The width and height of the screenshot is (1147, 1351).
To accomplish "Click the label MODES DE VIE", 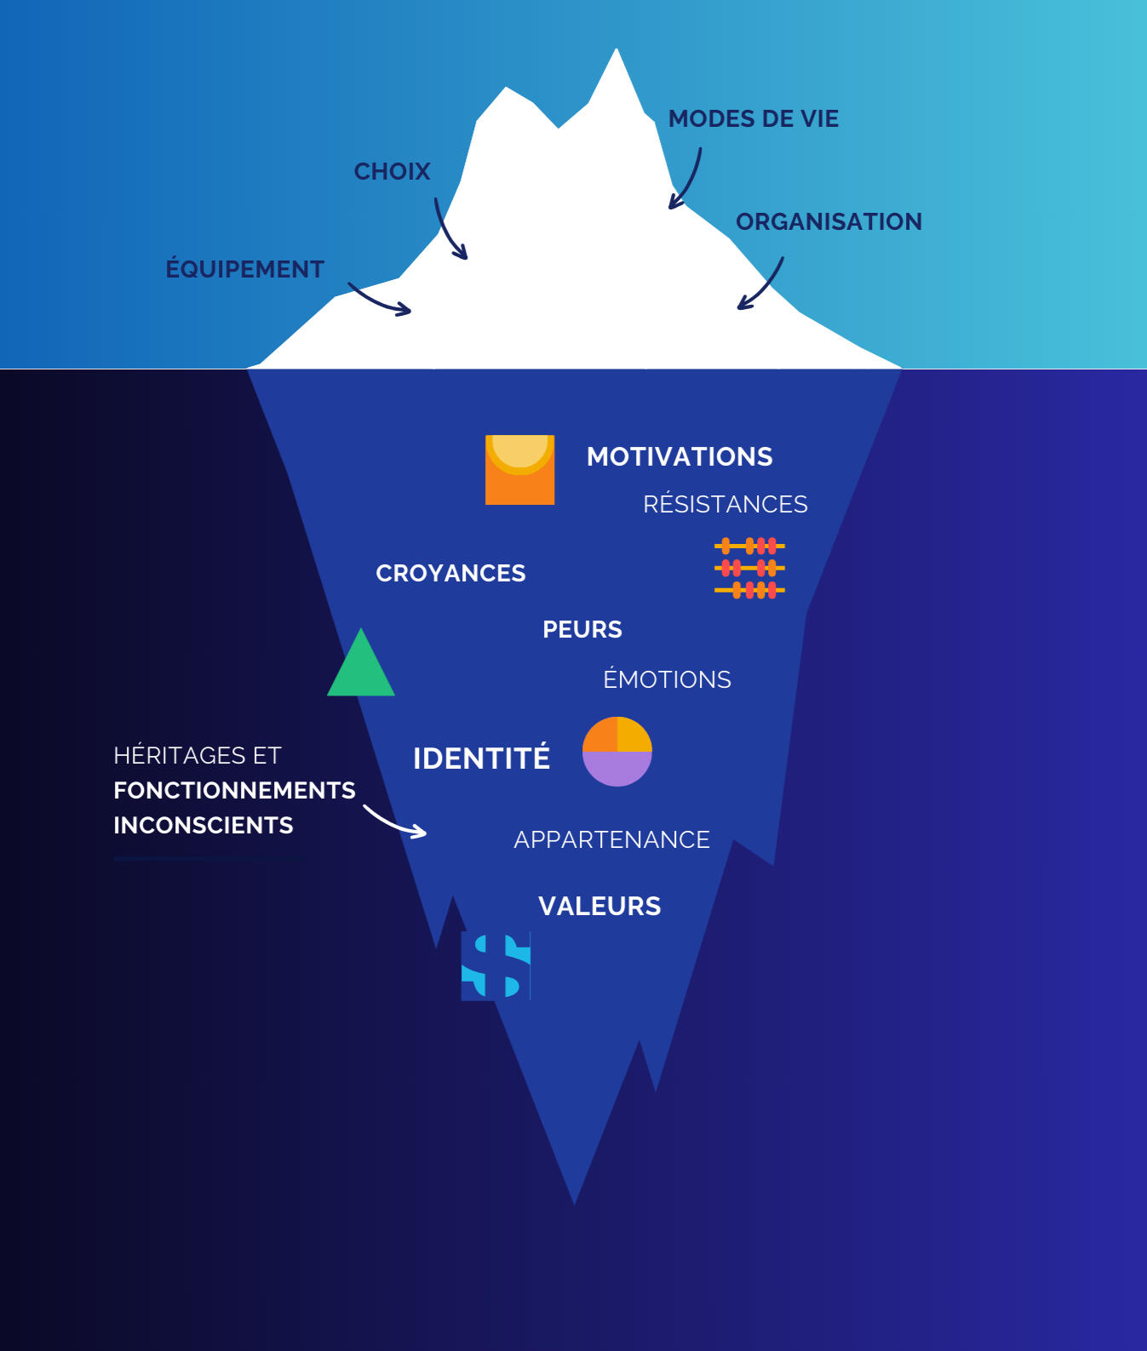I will coord(753,119).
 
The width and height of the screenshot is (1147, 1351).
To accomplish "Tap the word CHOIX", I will coord(392,172).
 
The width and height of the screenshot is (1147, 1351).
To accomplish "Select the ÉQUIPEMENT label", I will coord(244,270).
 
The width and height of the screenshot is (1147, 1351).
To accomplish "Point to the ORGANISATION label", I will coord(829,222).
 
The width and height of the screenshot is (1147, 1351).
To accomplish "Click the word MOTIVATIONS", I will coord(680,457).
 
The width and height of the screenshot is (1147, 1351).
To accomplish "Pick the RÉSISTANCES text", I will coord(725,505).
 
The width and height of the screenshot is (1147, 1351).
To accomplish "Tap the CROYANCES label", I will coord(450,574).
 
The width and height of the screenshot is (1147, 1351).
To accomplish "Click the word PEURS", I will coord(582,630).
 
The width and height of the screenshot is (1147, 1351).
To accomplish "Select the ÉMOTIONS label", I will coord(667,680).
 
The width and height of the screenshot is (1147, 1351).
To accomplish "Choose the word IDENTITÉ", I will coord(481,759).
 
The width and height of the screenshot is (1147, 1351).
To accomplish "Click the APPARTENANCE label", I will coord(611,840).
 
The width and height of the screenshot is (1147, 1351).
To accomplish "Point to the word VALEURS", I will coord(599,907).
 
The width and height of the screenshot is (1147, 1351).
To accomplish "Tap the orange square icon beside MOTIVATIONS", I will coord(519,470).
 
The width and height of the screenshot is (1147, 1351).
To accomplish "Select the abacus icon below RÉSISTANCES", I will coord(749,568).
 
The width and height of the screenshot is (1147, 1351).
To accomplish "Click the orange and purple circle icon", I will coord(617,752).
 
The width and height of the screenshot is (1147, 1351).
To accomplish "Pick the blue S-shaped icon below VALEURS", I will coord(496,965).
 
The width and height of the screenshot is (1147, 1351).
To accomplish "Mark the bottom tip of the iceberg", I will coord(574,1201).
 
